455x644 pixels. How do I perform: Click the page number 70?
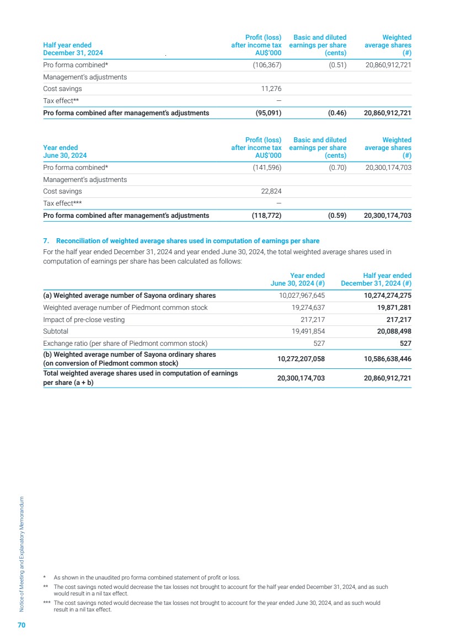click(x=21, y=625)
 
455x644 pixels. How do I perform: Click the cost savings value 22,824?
click(x=270, y=191)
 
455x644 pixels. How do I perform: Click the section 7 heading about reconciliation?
click(x=181, y=241)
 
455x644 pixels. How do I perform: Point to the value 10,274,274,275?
click(x=384, y=296)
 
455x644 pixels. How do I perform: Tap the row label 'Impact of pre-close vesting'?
click(x=84, y=320)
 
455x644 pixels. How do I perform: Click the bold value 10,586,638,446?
click(x=380, y=358)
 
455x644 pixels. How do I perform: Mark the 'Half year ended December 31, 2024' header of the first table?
click(x=73, y=49)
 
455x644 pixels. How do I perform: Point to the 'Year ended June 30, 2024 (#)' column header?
click(x=298, y=280)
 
